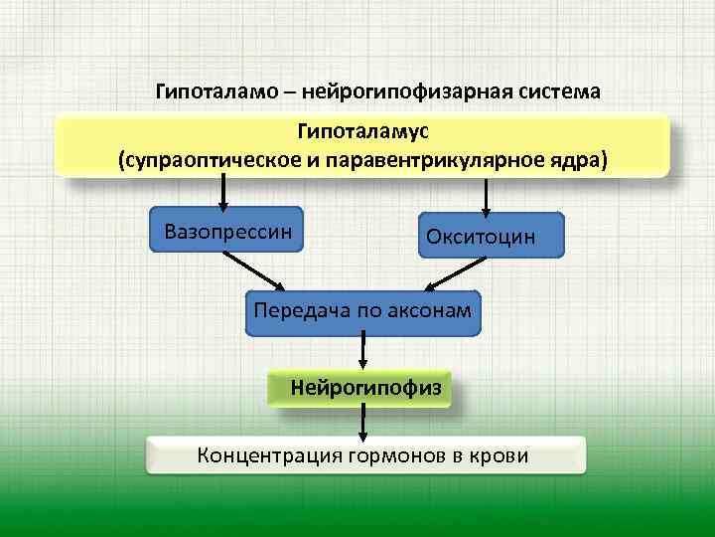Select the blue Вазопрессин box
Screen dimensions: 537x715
(227, 232)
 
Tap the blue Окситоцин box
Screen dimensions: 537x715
(491, 237)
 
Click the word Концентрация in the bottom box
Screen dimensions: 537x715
(268, 456)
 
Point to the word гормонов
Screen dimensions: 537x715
(396, 456)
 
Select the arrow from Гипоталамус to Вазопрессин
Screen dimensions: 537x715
(223, 191)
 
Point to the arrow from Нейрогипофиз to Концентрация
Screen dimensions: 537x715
(363, 422)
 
